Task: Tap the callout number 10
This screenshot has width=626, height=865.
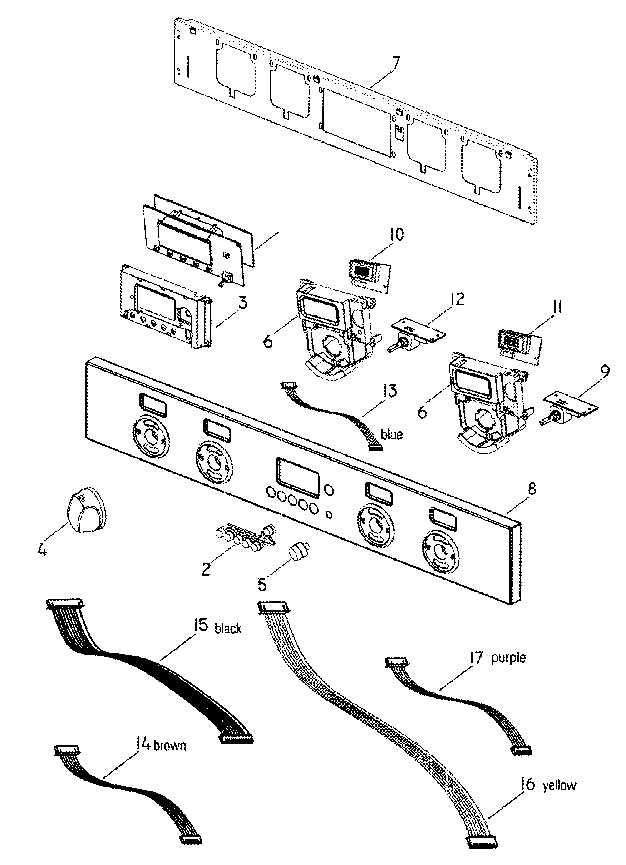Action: [396, 234]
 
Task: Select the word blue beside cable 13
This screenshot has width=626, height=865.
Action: [391, 434]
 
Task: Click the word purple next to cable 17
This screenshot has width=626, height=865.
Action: [508, 657]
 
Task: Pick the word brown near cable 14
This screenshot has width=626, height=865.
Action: [169, 745]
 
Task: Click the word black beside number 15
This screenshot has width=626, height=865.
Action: [228, 628]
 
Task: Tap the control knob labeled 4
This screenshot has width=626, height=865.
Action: [87, 505]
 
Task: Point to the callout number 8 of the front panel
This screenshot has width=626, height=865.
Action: [532, 488]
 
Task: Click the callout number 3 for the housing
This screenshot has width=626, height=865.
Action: [242, 303]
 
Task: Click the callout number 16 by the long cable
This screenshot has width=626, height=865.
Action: [528, 784]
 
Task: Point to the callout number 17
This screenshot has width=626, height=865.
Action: [476, 657]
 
